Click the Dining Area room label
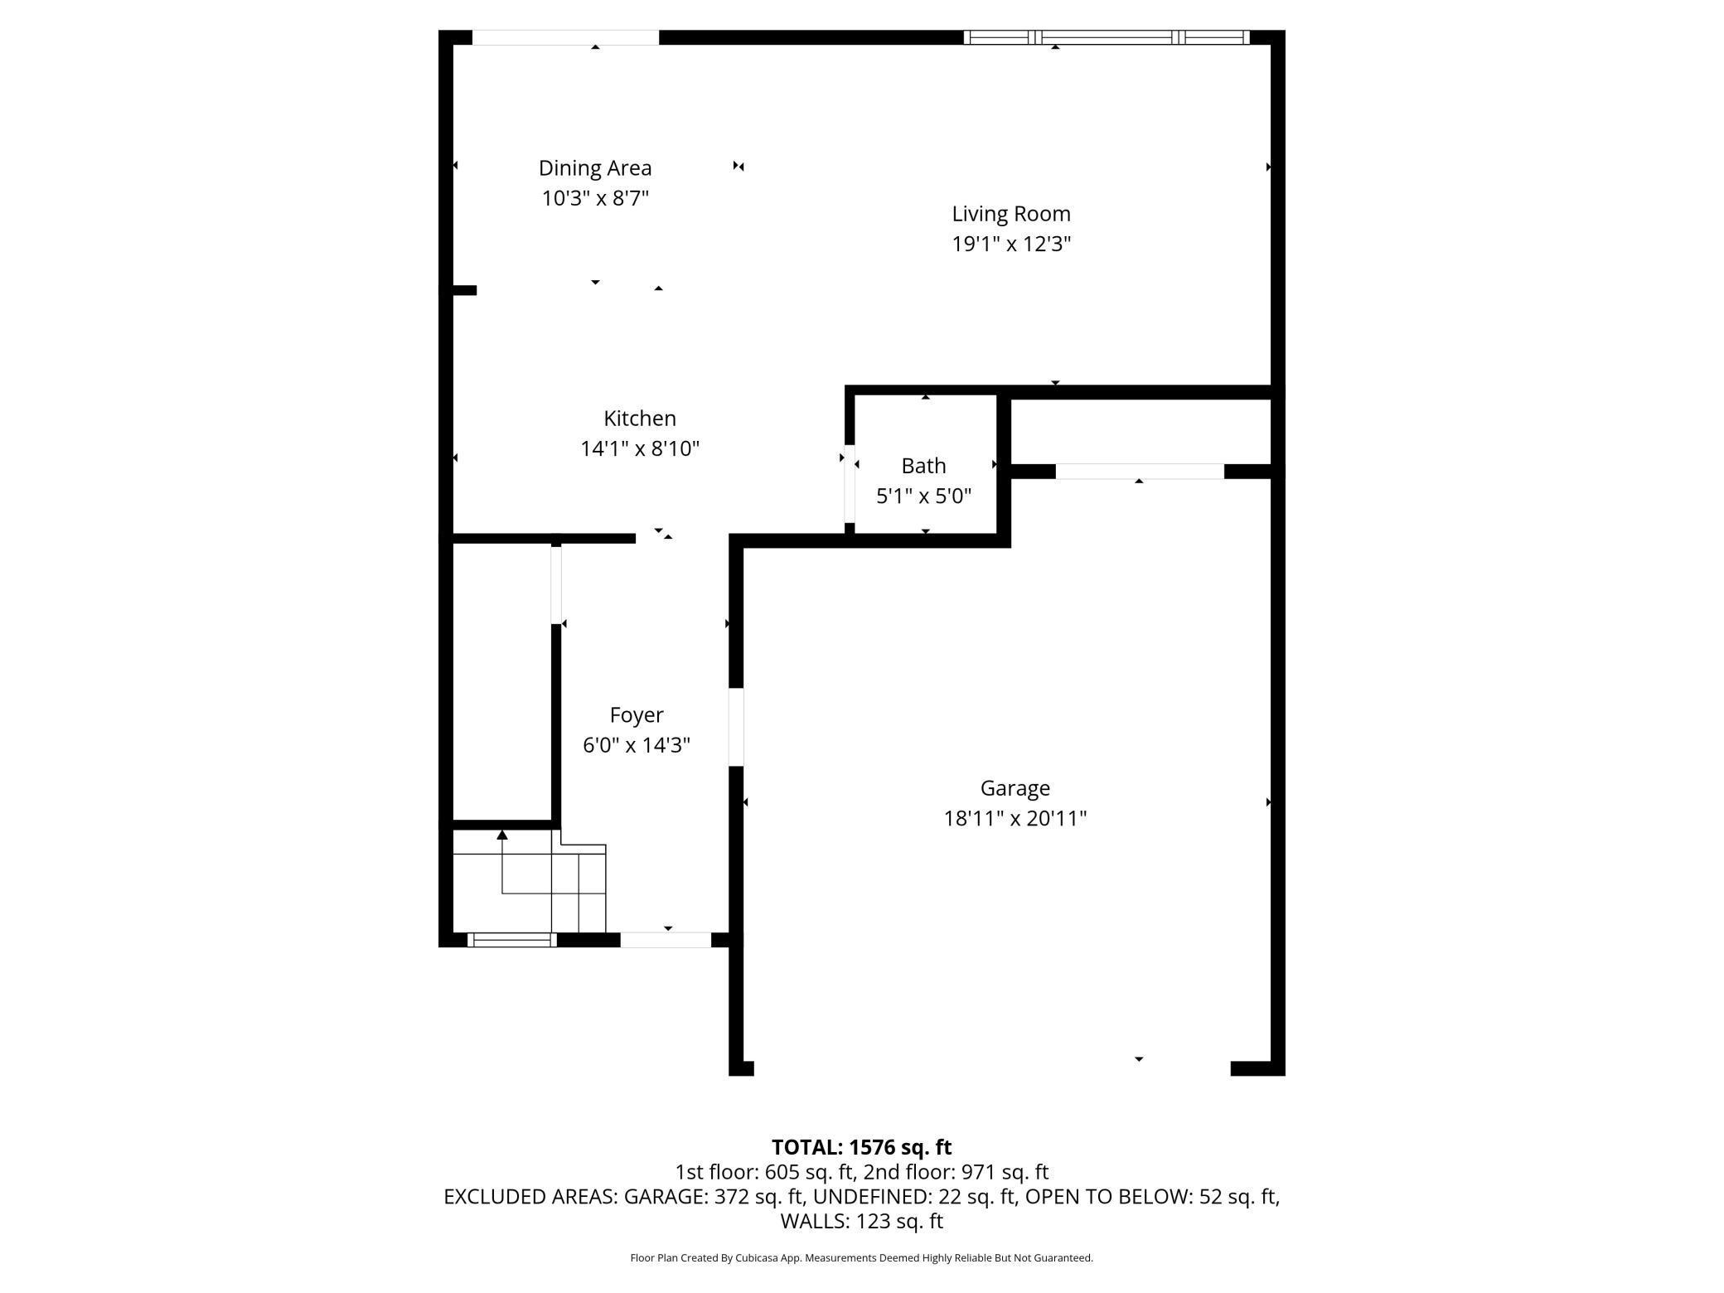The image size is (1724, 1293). [x=595, y=168]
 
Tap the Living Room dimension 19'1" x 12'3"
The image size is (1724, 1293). [x=1011, y=245]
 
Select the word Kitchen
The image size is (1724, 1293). [x=639, y=419]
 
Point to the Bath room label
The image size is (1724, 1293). [x=923, y=466]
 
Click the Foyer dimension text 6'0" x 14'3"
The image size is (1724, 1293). [x=636, y=745]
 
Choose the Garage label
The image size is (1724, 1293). [x=1015, y=788]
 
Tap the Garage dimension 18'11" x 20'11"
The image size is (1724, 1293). [x=1015, y=819]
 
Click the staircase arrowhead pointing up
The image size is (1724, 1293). [x=501, y=835]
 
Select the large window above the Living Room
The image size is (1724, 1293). [x=1106, y=37]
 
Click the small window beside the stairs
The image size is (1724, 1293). [x=511, y=939]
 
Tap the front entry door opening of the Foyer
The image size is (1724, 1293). [x=666, y=939]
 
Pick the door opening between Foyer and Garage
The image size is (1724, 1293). [x=736, y=727]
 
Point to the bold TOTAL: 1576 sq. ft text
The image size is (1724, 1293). [x=861, y=1147]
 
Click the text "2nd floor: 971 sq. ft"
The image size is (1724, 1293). [x=956, y=1172]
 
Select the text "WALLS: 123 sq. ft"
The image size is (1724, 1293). [x=861, y=1221]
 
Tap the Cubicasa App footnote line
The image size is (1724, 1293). [x=861, y=1258]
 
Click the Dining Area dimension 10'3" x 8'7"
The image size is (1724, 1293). [x=595, y=199]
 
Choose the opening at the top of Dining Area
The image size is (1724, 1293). [x=565, y=37]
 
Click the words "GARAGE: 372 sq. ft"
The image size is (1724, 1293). [x=714, y=1197]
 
